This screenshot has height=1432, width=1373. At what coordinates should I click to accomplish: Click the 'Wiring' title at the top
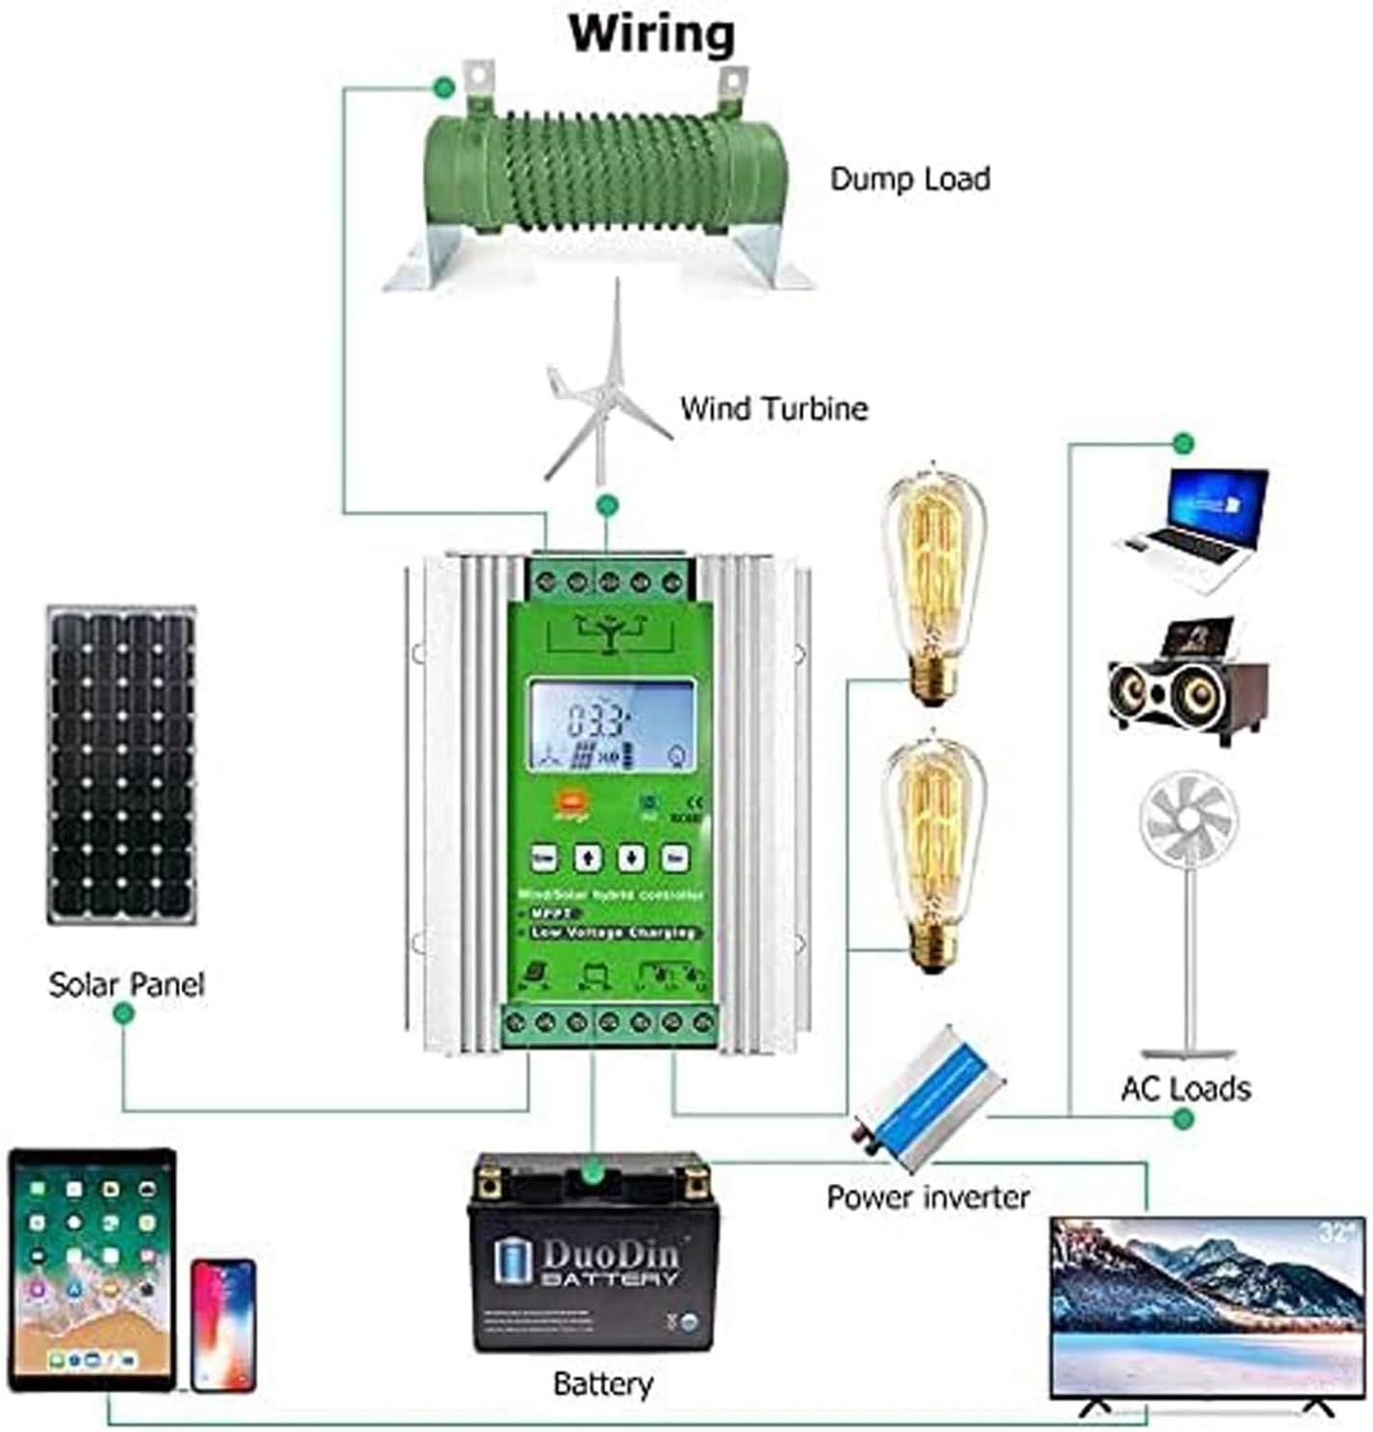tap(651, 34)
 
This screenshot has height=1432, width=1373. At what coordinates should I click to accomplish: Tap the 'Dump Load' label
tap(909, 179)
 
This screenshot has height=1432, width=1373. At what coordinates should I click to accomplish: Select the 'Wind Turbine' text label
tap(773, 408)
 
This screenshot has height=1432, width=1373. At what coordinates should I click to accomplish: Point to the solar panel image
tap(121, 765)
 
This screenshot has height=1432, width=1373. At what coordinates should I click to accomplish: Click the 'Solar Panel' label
tap(127, 984)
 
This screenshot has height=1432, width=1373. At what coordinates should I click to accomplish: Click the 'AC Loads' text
tap(1186, 1089)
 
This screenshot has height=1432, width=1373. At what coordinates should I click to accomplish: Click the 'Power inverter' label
tap(927, 1197)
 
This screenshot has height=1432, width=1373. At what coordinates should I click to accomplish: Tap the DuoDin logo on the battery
tap(588, 1262)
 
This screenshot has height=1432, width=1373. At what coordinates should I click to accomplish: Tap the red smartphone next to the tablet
tap(223, 1325)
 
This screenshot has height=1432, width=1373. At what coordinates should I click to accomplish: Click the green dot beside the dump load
tap(443, 87)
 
